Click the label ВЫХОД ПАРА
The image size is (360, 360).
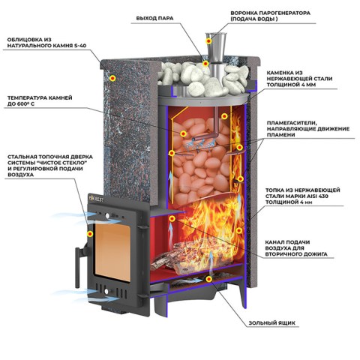coord(154,18)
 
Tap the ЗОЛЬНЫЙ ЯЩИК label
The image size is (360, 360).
coord(271,322)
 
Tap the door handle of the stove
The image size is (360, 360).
coord(78,266)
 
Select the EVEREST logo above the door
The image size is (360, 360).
coord(97,199)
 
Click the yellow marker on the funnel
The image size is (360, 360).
coord(208,40)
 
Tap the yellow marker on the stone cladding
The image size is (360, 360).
coord(113,78)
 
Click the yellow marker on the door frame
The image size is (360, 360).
coord(90,234)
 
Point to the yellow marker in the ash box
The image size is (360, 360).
coord(209,279)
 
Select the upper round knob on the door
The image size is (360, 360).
coord(107,216)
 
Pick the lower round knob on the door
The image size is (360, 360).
coord(106,291)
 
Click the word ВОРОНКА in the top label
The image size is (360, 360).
coord(244,13)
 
